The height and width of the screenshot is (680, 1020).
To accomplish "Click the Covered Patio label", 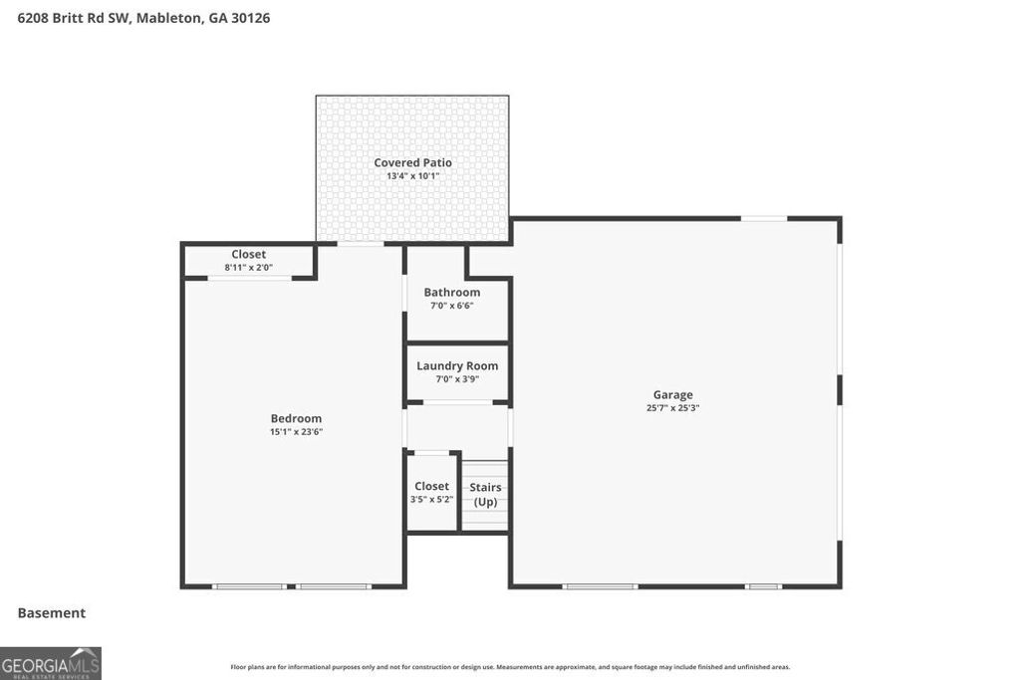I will tap(412, 162).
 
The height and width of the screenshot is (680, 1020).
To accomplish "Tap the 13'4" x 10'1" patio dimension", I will tap(412, 176).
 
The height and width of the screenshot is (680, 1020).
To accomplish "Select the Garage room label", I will tap(672, 395).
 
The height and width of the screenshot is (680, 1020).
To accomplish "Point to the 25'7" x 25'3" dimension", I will tap(672, 408).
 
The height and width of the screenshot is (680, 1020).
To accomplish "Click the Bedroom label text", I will tap(296, 418).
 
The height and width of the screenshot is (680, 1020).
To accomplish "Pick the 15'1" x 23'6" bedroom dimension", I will tap(296, 432).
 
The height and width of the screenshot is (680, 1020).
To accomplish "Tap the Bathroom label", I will tap(451, 292).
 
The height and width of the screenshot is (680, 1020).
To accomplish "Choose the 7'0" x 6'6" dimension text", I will tap(451, 306).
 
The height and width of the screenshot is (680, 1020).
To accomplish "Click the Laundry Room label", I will tap(457, 365).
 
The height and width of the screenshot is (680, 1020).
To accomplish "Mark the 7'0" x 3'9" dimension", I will tap(457, 379).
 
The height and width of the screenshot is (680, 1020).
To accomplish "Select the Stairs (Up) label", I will tap(485, 494).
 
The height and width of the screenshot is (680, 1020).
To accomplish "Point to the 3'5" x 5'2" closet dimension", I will tap(431, 499).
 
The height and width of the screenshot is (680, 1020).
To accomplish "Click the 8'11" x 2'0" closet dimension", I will tap(248, 267).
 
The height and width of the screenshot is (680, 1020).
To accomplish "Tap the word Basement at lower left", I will tap(52, 613).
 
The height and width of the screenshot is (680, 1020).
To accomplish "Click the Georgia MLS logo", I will tap(51, 663).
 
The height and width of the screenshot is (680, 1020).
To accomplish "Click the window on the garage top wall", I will tap(763, 218).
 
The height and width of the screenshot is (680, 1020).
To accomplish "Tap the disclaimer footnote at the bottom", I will tap(510, 667).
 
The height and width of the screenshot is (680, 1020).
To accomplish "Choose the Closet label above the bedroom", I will tap(248, 254).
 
